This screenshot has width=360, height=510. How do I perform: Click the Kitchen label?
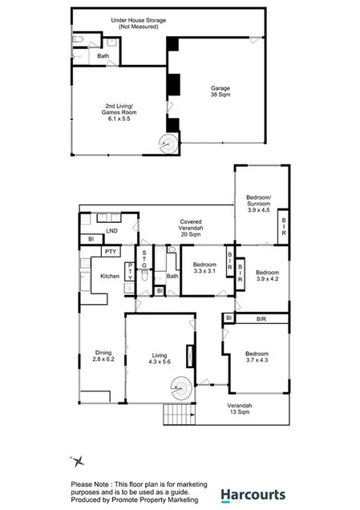click(110, 277)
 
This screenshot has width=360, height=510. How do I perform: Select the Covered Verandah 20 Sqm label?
click(191, 228)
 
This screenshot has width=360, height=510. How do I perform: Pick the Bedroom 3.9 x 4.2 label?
click(267, 276)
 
